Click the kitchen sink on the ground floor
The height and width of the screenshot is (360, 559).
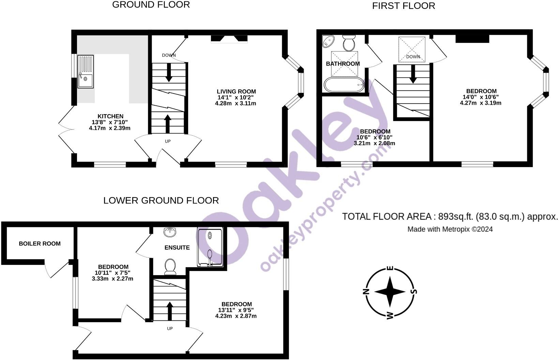(85, 72)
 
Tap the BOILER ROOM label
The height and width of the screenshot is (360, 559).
(40, 244)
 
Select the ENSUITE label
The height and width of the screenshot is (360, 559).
(177, 247)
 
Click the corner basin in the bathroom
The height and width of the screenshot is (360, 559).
(329, 42)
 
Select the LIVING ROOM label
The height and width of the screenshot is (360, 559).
(236, 91)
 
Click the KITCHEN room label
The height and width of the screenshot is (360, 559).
(110, 116)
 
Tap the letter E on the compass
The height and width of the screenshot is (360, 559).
(392, 268)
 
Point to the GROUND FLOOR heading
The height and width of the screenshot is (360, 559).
(151, 5)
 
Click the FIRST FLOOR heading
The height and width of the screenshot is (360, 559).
(404, 6)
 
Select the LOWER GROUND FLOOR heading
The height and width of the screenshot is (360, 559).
(161, 200)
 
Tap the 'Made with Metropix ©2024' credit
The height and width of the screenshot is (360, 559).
(450, 229)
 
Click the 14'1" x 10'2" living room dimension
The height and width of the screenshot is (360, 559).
(236, 97)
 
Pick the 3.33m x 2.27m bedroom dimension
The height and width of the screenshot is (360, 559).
(112, 279)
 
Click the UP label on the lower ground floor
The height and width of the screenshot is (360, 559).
(170, 329)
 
